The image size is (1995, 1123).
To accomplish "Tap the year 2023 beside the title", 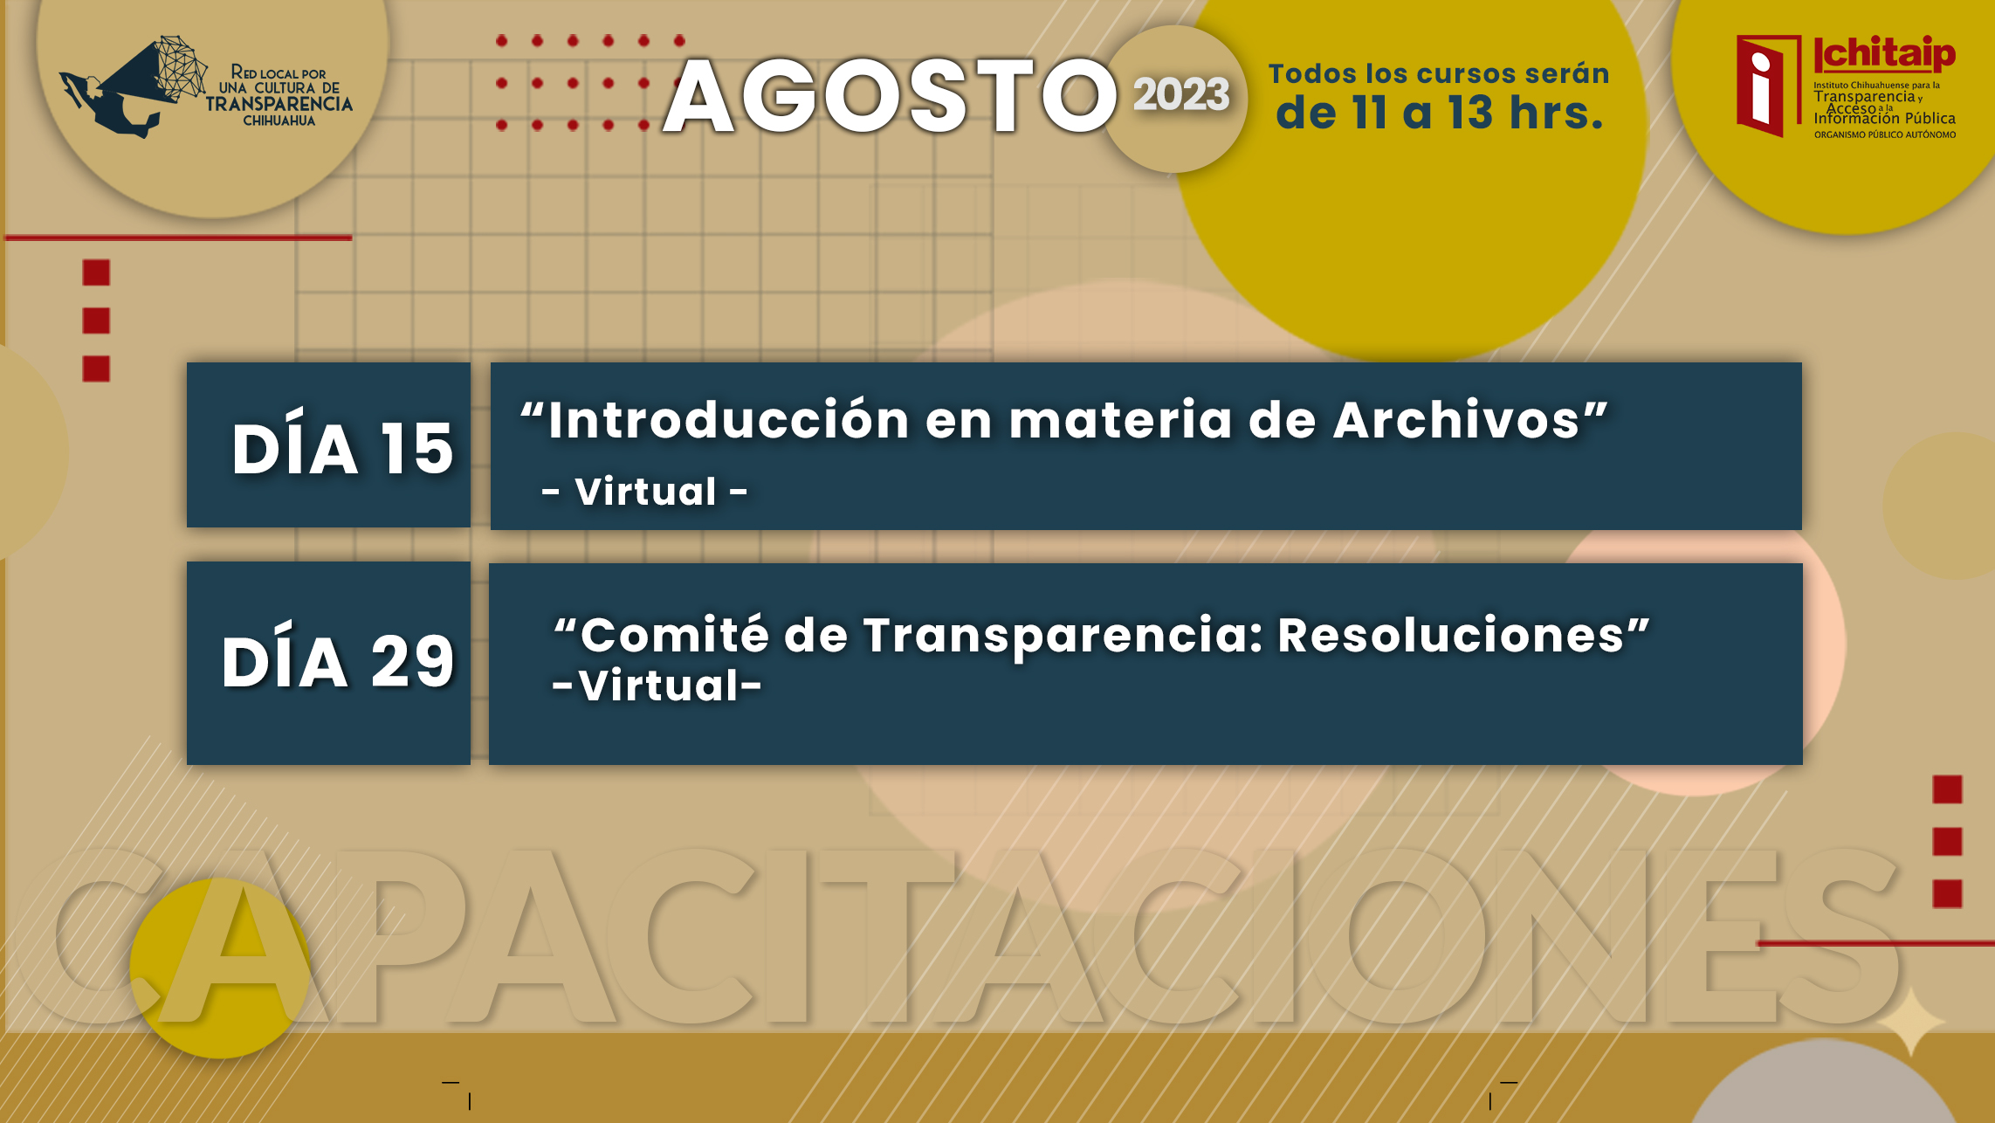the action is [1181, 94].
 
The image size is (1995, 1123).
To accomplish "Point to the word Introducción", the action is [729, 420].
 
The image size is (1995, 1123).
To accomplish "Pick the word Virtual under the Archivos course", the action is [645, 492].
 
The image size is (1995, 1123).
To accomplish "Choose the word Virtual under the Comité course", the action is [658, 686].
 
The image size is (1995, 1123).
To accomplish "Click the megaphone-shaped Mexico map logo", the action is [134, 86].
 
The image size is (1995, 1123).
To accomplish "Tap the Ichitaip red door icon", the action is [1768, 86].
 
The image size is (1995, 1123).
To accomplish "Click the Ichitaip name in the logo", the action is [1885, 54].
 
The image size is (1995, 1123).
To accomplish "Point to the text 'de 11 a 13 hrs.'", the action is [1440, 113].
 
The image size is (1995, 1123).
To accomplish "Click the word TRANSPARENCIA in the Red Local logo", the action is [279, 104].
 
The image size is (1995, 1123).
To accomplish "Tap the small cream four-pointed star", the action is [1910, 1020].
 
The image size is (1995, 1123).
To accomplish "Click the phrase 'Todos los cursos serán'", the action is [1439, 73].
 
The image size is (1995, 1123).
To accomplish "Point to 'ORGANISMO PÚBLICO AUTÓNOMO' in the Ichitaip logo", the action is [1885, 134].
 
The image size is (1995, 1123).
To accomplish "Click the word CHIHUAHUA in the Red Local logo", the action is [279, 121].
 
